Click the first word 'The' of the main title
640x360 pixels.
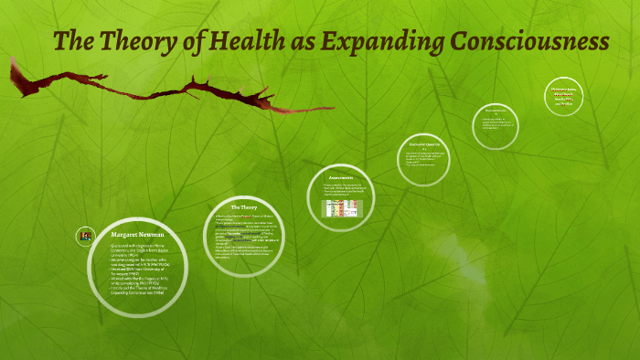(73, 41)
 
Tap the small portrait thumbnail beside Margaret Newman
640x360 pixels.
(85, 236)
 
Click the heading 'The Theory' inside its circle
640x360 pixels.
(244, 207)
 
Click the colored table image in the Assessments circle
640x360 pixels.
(343, 208)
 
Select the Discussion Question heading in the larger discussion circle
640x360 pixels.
(425, 143)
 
